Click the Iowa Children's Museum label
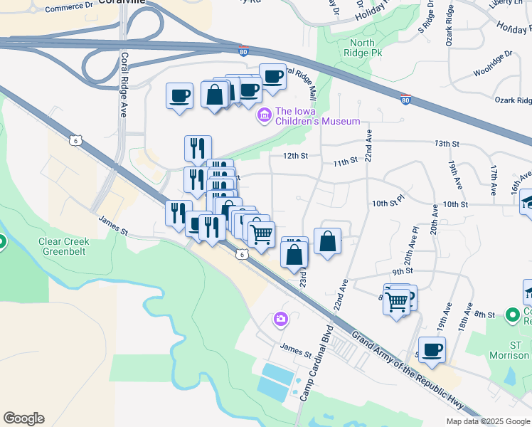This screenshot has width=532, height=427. click(317, 116)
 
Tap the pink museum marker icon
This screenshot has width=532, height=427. click(265, 114)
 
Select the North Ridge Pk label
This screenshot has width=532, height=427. click(362, 48)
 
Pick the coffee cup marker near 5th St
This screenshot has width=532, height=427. click(432, 349)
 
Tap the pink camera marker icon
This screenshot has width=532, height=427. click(281, 318)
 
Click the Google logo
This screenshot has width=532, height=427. click(23, 418)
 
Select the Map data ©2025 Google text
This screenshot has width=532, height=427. click(488, 421)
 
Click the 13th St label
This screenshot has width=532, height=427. click(447, 144)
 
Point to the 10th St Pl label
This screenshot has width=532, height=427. click(388, 204)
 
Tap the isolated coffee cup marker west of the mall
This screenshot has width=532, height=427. click(179, 95)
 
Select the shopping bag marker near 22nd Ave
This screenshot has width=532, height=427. click(327, 241)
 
